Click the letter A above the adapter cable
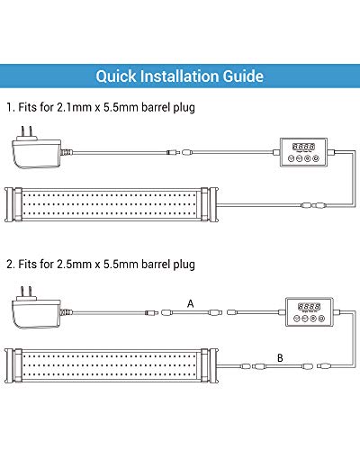point(189,303)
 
